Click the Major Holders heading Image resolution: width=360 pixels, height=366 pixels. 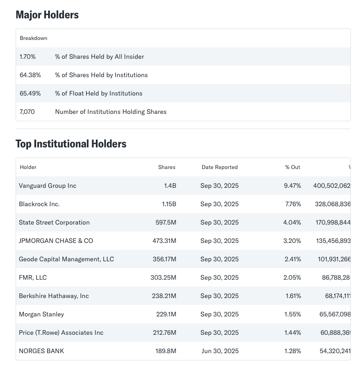47,15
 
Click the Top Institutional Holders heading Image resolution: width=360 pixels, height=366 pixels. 71,144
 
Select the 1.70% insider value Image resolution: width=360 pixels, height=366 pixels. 28,57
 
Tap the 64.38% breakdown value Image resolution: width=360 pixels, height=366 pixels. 30,75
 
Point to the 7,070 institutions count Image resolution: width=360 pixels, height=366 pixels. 27,112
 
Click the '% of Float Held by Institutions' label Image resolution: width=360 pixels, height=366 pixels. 99,94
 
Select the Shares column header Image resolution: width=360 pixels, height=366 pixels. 166,167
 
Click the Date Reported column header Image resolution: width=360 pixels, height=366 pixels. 220,167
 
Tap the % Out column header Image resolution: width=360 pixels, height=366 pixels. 293,167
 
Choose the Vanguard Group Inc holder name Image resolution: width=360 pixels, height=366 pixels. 48,186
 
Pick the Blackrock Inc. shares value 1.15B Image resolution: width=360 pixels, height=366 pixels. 166,204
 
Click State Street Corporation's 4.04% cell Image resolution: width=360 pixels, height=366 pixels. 293,223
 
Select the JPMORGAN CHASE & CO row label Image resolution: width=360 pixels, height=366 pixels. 56,241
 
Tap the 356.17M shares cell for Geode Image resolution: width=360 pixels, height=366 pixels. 164,259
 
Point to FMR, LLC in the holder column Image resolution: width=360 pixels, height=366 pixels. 33,278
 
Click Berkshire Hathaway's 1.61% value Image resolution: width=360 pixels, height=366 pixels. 293,296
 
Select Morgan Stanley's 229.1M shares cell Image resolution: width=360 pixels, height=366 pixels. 166,315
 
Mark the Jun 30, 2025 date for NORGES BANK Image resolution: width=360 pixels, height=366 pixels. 220,351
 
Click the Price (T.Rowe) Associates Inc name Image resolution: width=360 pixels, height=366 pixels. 61,333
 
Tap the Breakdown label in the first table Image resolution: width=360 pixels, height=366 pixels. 33,38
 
